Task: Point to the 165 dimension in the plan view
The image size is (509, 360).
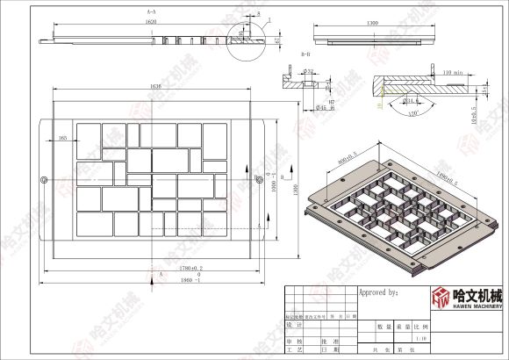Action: tap(62, 138)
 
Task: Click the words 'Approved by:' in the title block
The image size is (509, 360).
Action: tap(379, 291)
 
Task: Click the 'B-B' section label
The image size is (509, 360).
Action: tap(305, 54)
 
